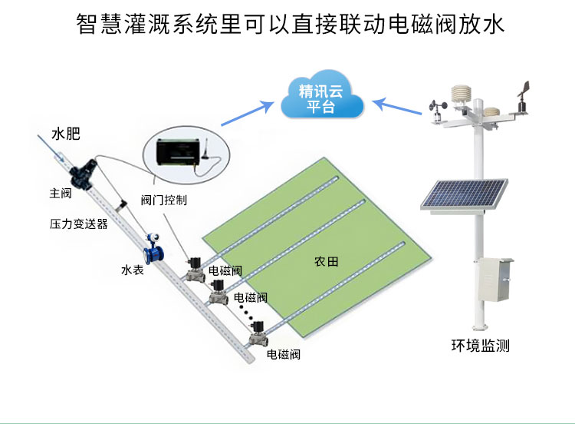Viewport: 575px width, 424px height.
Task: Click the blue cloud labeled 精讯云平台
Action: coord(322,98)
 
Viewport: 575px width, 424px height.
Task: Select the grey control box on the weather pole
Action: coord(493,281)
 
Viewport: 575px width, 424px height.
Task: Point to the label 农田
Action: coord(326,262)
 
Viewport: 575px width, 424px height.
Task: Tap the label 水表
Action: coord(133,270)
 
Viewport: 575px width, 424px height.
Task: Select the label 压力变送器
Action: coord(78,224)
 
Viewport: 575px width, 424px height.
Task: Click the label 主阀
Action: coord(61,194)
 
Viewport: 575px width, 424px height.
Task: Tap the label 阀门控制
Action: coord(164,200)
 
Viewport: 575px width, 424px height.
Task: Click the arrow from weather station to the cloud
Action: coord(397,108)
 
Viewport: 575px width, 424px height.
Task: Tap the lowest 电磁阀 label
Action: coord(283,355)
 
